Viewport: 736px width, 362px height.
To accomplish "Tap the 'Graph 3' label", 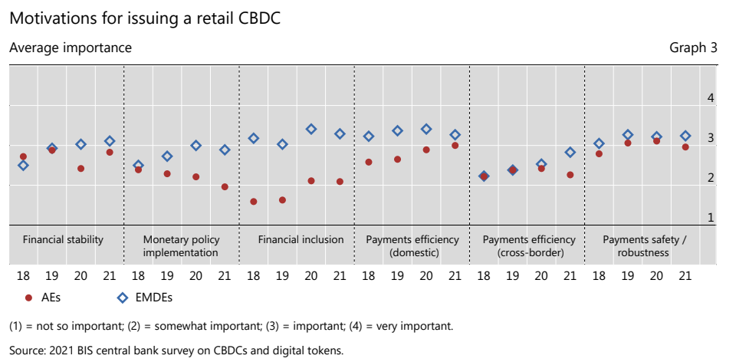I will (x=693, y=48).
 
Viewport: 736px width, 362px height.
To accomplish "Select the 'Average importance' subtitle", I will (x=71, y=48).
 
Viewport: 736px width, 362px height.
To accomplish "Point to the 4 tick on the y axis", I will (x=711, y=98).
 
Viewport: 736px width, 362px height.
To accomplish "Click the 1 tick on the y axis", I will (x=711, y=218).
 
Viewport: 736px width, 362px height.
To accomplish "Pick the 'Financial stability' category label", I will (x=63, y=239).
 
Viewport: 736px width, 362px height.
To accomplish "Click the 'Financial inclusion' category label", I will (x=301, y=239).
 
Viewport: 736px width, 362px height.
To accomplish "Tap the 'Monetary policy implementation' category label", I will (x=181, y=245).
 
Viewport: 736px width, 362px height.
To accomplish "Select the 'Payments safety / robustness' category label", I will (x=644, y=245).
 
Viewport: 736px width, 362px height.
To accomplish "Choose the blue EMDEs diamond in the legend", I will (x=121, y=297).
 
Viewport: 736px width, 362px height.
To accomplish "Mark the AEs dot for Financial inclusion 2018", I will (x=254, y=202).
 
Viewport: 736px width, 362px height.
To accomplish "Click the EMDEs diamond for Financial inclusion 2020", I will (x=311, y=129).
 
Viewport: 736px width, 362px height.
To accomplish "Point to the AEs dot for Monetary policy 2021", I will (x=225, y=186).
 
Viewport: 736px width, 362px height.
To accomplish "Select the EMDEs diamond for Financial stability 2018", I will (x=23, y=165).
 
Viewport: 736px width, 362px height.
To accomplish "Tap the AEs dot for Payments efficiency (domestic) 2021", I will (x=455, y=145).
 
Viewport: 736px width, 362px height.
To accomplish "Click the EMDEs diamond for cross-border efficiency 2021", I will (x=570, y=152).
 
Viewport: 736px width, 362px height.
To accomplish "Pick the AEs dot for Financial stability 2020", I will (x=80, y=168).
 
